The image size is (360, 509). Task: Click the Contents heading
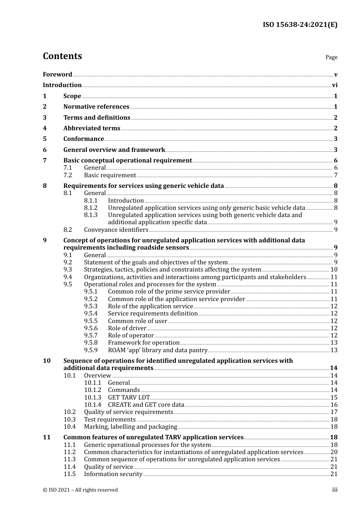(62, 56)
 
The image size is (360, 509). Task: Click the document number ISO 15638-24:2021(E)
(300, 25)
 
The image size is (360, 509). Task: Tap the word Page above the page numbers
(331, 57)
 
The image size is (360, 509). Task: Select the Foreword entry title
(57, 75)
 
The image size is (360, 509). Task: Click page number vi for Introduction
(335, 85)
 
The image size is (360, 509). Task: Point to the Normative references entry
(96, 107)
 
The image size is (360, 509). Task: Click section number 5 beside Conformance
(45, 139)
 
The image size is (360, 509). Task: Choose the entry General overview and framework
(114, 150)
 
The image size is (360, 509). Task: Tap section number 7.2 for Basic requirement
(67, 175)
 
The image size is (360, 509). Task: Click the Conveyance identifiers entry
(116, 230)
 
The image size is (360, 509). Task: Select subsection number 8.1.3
(91, 215)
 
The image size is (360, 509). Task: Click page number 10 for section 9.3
(334, 270)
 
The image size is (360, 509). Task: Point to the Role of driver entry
(127, 328)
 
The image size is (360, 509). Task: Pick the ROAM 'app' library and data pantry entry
(158, 350)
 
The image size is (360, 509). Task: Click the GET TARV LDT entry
(129, 398)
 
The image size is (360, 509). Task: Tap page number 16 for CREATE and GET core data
(334, 405)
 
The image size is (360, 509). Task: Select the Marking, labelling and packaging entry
(130, 427)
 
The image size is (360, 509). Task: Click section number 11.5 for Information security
(69, 474)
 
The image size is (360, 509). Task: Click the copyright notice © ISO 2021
(80, 490)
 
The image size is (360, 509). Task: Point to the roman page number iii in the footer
(335, 490)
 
